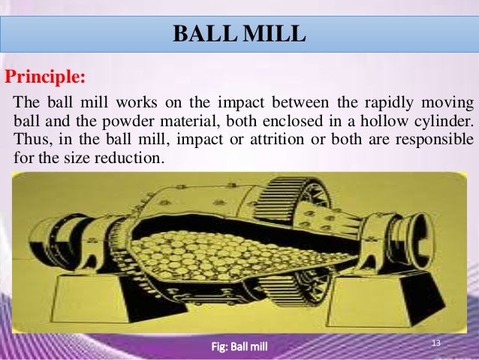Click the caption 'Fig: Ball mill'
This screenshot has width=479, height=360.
click(x=239, y=346)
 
